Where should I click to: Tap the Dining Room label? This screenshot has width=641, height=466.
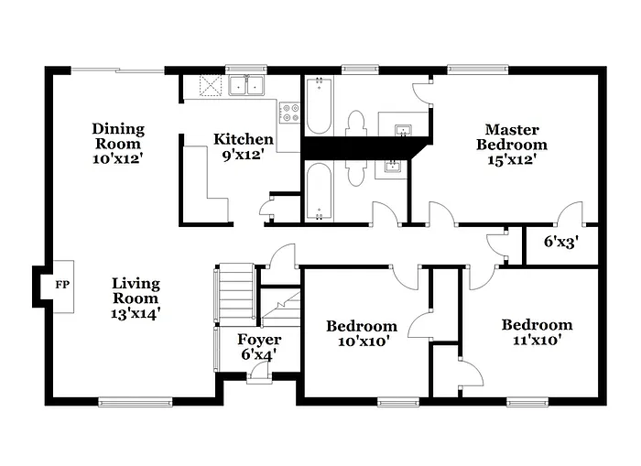tap(118, 144)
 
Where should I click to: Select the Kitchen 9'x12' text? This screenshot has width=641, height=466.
tap(243, 146)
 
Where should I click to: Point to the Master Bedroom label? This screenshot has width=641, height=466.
tap(512, 145)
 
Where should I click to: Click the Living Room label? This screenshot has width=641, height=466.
tap(136, 298)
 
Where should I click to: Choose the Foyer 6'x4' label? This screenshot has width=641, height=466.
tap(259, 347)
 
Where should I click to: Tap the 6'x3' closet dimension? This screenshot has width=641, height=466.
tap(560, 243)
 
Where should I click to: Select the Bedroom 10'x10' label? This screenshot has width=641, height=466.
tap(362, 333)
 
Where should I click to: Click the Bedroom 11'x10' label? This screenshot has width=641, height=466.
tap(537, 331)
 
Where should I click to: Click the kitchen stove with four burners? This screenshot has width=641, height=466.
tap(289, 114)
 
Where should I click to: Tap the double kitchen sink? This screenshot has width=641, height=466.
tap(247, 87)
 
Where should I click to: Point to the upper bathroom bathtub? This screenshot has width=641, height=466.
tap(319, 105)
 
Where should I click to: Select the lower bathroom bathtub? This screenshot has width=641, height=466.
tap(319, 190)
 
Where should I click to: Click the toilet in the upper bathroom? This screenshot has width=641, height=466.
tap(356, 123)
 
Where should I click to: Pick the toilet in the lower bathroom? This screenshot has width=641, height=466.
tap(356, 169)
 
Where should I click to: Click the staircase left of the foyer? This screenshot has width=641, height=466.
tap(234, 293)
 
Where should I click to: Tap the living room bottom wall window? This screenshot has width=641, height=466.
tap(135, 400)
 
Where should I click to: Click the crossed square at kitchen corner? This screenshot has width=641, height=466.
tap(212, 87)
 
